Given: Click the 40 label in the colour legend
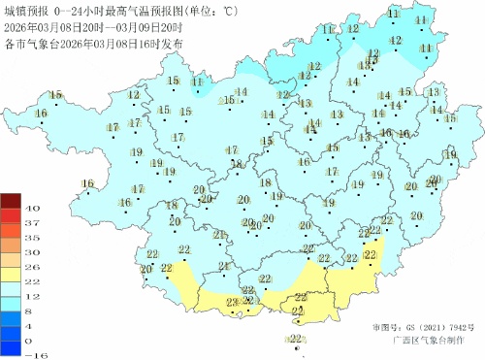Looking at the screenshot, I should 31,209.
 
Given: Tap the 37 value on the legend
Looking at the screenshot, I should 31,223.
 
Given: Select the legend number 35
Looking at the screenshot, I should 31,237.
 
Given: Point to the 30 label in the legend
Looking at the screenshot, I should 31,251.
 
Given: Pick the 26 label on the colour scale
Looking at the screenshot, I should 31,266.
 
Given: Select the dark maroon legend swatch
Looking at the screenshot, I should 11,201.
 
